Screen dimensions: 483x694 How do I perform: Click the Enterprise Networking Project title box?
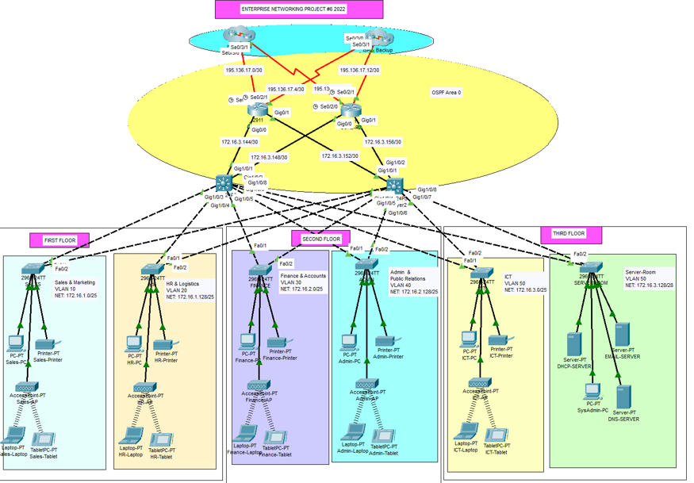click(299, 9)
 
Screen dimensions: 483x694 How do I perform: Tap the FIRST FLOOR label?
click(59, 240)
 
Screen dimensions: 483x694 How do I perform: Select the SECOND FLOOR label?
click(321, 239)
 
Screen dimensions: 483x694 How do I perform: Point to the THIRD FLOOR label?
click(568, 234)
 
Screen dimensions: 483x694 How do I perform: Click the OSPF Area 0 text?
click(446, 93)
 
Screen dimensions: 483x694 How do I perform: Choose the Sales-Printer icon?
click(45, 346)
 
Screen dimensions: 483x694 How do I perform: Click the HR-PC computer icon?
click(134, 343)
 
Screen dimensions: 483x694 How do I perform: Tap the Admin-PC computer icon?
click(350, 342)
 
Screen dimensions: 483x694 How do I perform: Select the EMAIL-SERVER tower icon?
click(622, 334)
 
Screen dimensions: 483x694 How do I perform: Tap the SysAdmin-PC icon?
click(592, 392)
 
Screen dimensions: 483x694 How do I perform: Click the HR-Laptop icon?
click(129, 437)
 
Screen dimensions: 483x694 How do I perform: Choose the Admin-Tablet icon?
click(384, 437)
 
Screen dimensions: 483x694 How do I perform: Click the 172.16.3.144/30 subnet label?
click(239, 141)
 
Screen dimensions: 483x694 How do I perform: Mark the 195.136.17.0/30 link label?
click(243, 70)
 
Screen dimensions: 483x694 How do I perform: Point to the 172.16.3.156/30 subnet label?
click(382, 142)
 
